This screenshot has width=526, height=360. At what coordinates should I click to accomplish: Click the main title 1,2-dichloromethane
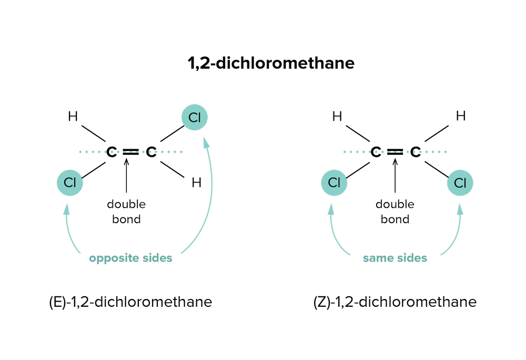click(271, 64)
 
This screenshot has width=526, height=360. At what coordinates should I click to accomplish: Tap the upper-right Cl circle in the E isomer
click(195, 118)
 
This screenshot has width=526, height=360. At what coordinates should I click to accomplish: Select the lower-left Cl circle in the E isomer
click(70, 183)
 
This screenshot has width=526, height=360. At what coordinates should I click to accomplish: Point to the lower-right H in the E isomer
click(196, 183)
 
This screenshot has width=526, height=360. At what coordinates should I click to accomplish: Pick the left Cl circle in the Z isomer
click(334, 183)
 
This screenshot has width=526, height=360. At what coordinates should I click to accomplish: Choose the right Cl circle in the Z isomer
click(460, 183)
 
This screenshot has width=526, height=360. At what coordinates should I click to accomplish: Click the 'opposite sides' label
click(130, 259)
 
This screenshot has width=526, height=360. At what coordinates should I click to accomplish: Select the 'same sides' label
click(394, 259)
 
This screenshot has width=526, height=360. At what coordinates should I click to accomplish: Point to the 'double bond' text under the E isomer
click(126, 211)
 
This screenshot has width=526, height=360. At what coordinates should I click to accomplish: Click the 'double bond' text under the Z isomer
click(394, 211)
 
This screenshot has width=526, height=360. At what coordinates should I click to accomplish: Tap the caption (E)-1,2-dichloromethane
click(130, 302)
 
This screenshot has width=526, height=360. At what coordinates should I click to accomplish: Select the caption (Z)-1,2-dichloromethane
click(394, 302)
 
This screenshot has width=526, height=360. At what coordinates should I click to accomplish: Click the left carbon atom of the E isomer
click(111, 152)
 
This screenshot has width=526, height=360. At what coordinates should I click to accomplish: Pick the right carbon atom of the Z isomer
click(415, 152)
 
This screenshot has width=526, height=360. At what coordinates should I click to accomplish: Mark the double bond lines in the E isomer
click(131, 152)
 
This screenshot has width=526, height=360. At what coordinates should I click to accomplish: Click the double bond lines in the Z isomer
click(395, 152)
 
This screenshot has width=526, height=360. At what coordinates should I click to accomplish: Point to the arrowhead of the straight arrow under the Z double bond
click(395, 161)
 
